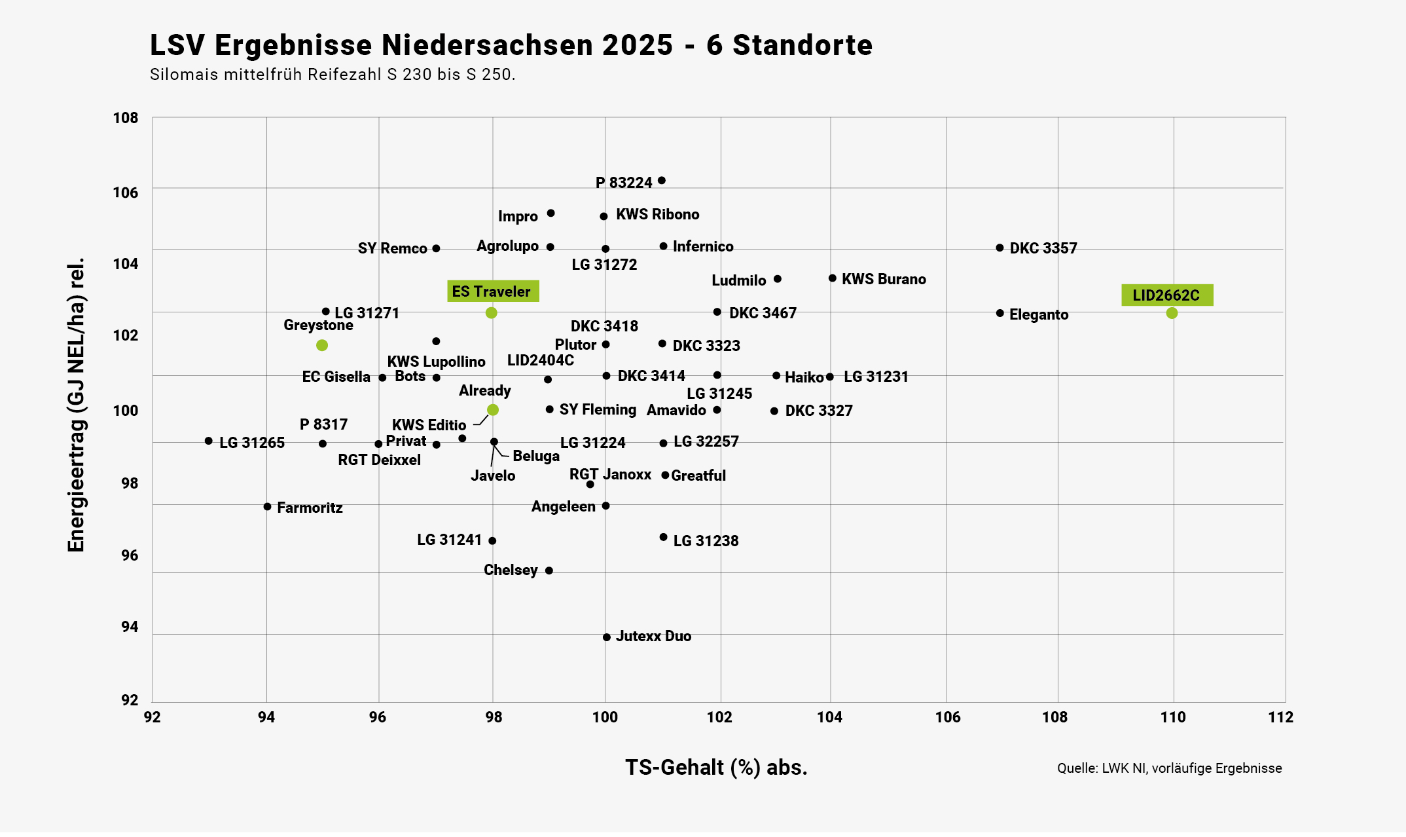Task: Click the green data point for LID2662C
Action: [x=1172, y=313]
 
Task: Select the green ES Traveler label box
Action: [x=492, y=291]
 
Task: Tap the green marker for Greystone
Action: [x=321, y=345]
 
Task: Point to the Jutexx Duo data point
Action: [x=607, y=637]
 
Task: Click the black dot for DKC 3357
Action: [x=1000, y=248]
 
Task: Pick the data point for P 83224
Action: [x=662, y=181]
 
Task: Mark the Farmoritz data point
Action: [x=267, y=506]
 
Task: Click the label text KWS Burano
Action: [x=884, y=279]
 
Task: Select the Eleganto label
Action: [x=1039, y=314]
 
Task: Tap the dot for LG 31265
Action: [x=209, y=441]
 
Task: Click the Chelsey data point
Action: [x=549, y=570]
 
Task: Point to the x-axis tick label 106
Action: [x=947, y=717]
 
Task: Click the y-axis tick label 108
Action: [x=126, y=118]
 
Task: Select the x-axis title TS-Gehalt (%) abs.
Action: [x=716, y=767]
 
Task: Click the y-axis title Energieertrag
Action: [x=77, y=405]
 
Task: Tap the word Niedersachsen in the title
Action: [x=527, y=45]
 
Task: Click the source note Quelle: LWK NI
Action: [x=1169, y=768]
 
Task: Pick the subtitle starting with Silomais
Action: [x=333, y=75]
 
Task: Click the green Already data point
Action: [x=493, y=410]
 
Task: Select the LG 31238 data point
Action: [x=663, y=537]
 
